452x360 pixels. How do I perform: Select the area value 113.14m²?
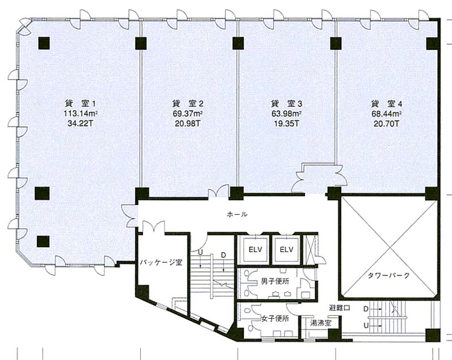click(81, 114)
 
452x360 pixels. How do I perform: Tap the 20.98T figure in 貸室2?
click(188, 124)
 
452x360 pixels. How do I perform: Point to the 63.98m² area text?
click(286, 114)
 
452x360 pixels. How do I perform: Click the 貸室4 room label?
click(386, 103)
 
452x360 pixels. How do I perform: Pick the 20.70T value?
click(386, 124)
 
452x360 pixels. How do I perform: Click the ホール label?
click(237, 214)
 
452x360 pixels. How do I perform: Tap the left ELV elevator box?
click(255, 249)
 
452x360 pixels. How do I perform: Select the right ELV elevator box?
click(286, 249)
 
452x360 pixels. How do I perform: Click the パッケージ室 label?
click(161, 263)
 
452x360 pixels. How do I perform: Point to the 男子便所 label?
click(275, 281)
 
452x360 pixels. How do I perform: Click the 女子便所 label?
click(275, 319)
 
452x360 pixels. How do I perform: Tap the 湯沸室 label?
click(320, 323)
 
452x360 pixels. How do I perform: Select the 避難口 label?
click(340, 308)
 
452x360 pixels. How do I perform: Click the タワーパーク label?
click(388, 276)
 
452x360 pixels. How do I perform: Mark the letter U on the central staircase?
click(201, 252)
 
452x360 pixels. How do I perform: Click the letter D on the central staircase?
click(223, 255)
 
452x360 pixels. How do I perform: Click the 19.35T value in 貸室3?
click(286, 124)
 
